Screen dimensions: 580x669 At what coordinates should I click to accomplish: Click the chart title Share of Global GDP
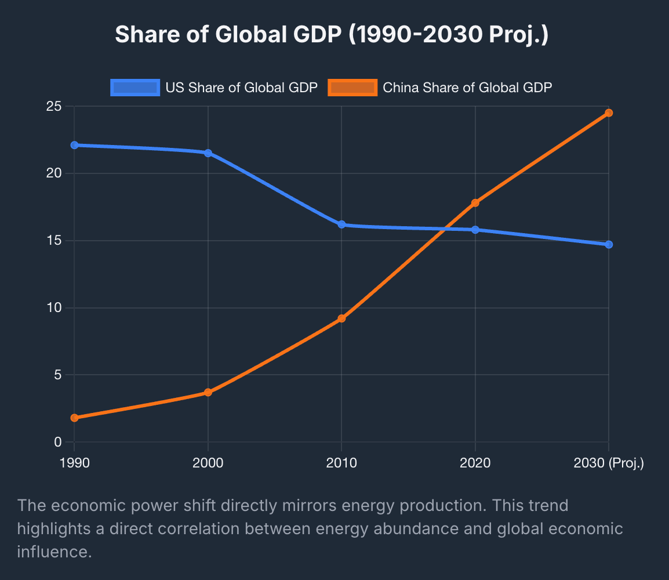[x=332, y=35]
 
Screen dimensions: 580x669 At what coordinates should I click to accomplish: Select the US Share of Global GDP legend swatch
[x=135, y=88]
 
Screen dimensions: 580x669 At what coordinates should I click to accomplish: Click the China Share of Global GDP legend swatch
[x=352, y=88]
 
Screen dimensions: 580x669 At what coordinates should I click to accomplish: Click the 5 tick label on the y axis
[x=57, y=375]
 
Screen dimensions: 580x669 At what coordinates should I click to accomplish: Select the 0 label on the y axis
[x=57, y=442]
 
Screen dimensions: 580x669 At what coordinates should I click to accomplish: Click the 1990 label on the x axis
[x=74, y=463]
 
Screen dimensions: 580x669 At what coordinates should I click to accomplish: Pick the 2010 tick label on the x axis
[x=341, y=463]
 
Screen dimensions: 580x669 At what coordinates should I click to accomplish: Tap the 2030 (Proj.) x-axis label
[x=609, y=463]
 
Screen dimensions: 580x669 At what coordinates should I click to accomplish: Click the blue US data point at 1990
[x=74, y=145]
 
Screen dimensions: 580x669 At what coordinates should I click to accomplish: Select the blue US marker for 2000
[x=208, y=153]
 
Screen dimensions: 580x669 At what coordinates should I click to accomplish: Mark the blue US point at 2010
[x=341, y=224]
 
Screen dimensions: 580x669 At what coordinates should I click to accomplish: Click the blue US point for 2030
[x=609, y=245]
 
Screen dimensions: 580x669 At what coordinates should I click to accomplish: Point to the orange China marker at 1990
[x=74, y=418]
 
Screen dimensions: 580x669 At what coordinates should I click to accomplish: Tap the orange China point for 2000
[x=208, y=393]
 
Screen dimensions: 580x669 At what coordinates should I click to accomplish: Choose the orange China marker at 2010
[x=341, y=318]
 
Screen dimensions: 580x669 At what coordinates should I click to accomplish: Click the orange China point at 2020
[x=475, y=203]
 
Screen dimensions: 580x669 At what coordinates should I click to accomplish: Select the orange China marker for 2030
[x=609, y=113]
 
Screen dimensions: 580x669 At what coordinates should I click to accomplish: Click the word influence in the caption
[x=54, y=551]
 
